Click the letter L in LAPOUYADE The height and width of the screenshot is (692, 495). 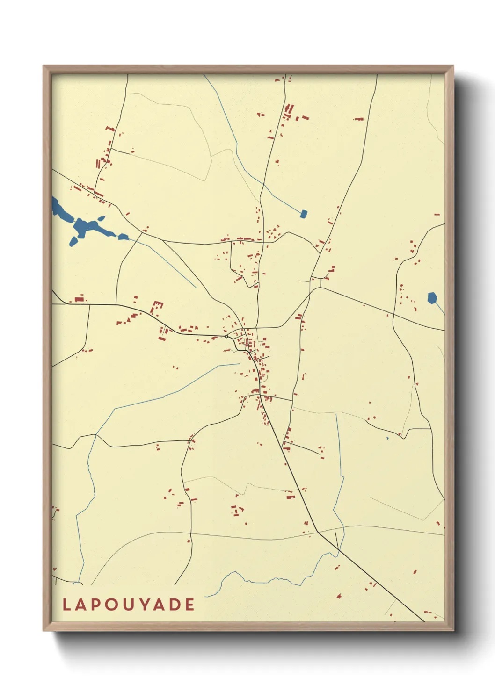[x=66, y=605]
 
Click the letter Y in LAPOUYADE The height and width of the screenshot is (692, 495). [x=145, y=605]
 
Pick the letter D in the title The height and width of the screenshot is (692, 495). [x=175, y=605]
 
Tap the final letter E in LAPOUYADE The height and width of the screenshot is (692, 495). [x=190, y=605]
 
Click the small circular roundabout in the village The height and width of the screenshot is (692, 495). [x=226, y=336]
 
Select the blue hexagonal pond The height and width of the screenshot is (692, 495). [x=432, y=298]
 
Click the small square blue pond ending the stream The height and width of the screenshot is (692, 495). [x=304, y=214]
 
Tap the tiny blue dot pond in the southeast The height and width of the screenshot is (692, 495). [x=387, y=439]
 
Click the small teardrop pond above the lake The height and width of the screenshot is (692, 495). [x=101, y=218]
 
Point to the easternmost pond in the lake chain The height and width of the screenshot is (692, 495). [x=123, y=237]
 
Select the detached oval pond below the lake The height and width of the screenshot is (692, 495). [x=73, y=241]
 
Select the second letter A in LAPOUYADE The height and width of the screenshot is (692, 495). [x=160, y=605]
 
